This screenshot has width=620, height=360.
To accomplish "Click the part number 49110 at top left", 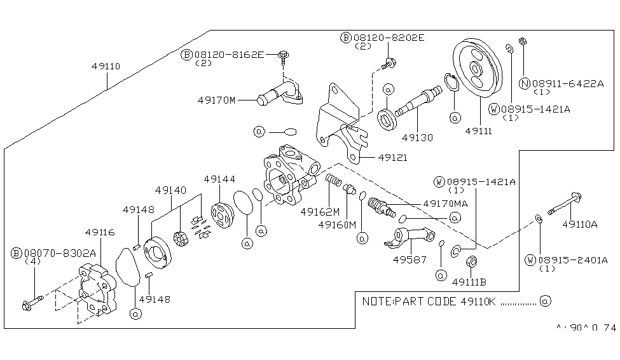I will tap(106, 66).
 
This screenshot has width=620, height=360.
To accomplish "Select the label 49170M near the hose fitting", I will tap(217, 100).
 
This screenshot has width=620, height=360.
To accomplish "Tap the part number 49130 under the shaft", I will tap(417, 136).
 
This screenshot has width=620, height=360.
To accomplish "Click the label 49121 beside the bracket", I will tap(392, 158).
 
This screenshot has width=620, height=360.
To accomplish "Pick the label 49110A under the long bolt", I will tap(579, 224).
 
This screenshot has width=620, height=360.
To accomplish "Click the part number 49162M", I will tap(320, 211).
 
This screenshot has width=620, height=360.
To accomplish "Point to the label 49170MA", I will tap(446, 204).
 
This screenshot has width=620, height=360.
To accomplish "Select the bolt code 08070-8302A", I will tap(58, 253).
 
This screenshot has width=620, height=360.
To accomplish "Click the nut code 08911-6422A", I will tap(568, 83).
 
